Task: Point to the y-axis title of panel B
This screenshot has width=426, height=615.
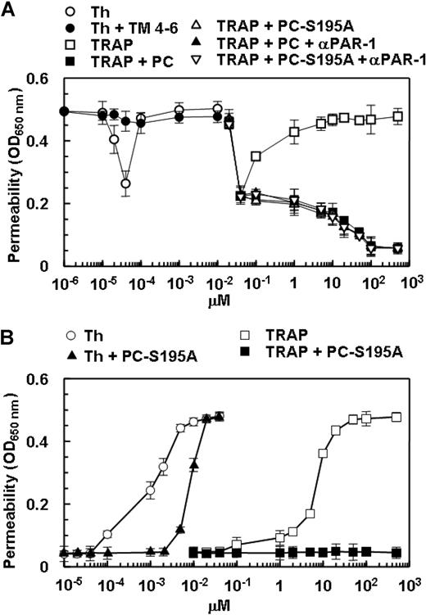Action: (14, 486)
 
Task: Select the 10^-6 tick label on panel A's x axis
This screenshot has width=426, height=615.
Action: (61, 283)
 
